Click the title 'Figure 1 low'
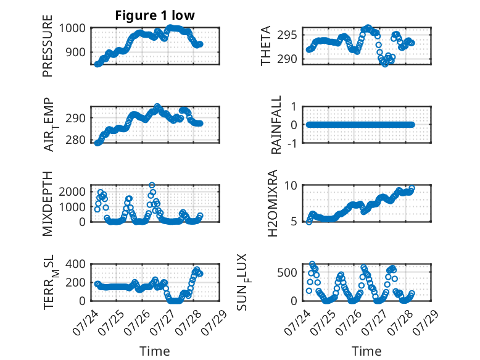155,15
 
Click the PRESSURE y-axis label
48,46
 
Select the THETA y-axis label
266,46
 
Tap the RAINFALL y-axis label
276,125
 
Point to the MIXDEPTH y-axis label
48,203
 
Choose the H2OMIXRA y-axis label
272,203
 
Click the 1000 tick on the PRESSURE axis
72,28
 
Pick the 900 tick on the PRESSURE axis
76,52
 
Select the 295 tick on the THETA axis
287,35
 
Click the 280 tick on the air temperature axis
76,140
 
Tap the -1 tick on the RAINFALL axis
292,143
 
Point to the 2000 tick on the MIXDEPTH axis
72,192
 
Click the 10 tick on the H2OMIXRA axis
291,185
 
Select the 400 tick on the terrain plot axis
76,264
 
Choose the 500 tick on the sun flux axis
287,272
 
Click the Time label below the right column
366,351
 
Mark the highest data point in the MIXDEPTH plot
152,185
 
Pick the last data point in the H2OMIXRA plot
412,188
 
